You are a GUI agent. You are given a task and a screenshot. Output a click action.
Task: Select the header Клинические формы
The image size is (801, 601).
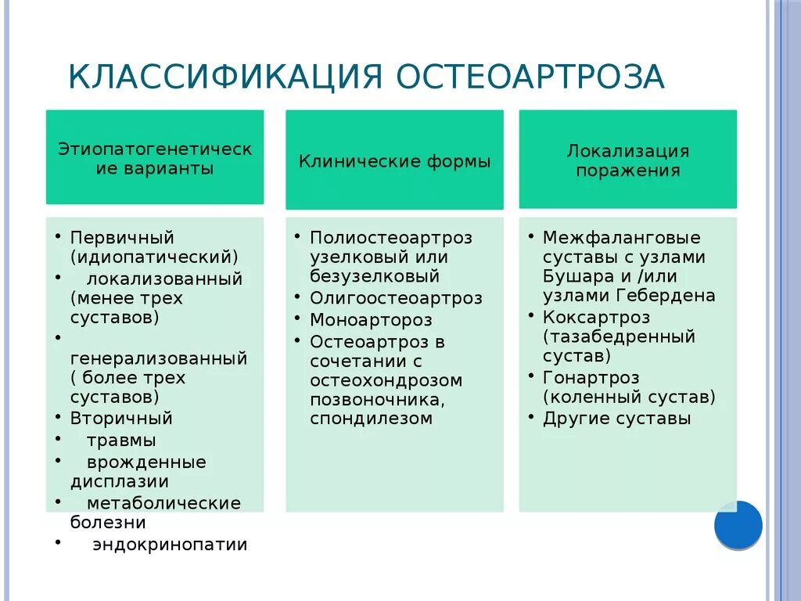tap(394, 162)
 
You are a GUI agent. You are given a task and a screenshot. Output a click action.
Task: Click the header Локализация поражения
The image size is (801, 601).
tap(627, 160)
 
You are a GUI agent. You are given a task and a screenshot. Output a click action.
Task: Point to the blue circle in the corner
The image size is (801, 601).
tap(738, 524)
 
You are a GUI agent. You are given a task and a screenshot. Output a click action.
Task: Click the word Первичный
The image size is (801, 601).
tap(122, 237)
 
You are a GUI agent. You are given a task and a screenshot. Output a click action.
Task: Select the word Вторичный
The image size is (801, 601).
tap(121, 418)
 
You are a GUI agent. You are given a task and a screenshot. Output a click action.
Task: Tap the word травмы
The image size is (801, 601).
tap(121, 440)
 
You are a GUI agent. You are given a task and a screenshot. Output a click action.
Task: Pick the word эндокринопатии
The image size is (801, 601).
tap(170, 544)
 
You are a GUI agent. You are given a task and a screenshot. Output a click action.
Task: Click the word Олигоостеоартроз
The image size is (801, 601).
tap(396, 298)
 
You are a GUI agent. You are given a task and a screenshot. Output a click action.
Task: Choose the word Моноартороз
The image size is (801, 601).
tap(371, 320)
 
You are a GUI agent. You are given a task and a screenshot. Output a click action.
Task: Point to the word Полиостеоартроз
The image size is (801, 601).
tap(391, 238)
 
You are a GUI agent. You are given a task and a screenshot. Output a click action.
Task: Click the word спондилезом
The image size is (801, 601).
tap(371, 419)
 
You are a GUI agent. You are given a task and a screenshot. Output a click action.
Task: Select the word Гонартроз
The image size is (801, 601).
tap(591, 377)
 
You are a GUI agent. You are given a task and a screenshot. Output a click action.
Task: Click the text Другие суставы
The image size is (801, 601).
tap(616, 418)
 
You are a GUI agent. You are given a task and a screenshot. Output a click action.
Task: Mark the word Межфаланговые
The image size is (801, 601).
tap(621, 237)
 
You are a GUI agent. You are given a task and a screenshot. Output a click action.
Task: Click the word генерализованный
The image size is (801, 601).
tap(159, 358)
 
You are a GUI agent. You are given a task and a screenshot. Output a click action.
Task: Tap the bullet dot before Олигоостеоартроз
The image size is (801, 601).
tap(298, 297)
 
